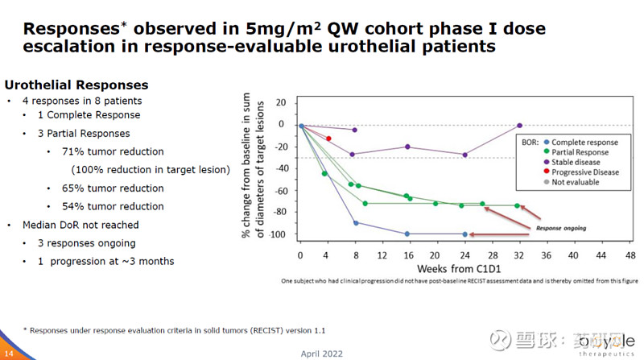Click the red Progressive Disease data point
click(x=328, y=139)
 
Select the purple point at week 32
click(x=520, y=126)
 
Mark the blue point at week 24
click(x=464, y=234)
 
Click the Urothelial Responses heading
click(x=76, y=85)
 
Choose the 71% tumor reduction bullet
click(x=112, y=151)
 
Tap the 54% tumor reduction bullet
click(x=112, y=206)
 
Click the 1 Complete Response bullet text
click(x=89, y=114)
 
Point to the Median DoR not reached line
click(x=80, y=225)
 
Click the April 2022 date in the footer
click(x=321, y=353)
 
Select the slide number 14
click(x=8, y=353)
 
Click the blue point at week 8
click(x=356, y=222)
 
